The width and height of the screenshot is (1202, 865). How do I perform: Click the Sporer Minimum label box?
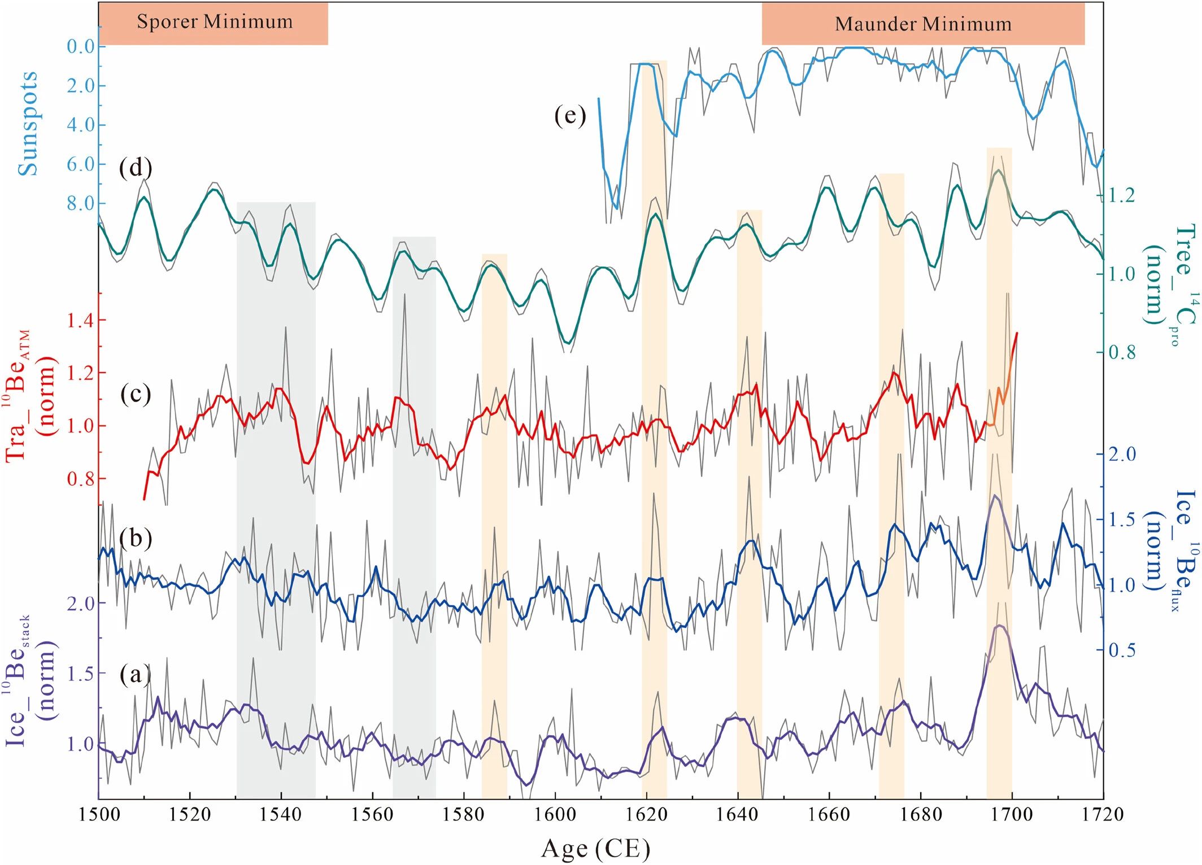tap(214, 23)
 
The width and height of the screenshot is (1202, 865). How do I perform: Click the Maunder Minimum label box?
tap(923, 24)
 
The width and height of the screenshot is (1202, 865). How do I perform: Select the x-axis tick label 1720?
tap(1102, 815)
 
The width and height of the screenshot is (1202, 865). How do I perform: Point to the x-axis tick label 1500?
tap(99, 815)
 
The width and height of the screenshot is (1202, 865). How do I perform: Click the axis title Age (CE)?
tap(595, 849)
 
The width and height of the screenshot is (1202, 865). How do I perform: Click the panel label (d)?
tap(136, 168)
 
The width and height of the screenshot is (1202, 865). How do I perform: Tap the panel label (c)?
tap(136, 394)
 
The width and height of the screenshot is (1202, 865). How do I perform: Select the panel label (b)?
tap(136, 538)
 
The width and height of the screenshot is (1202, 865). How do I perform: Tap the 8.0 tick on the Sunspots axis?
tap(81, 203)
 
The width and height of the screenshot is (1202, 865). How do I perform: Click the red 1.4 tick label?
tap(81, 321)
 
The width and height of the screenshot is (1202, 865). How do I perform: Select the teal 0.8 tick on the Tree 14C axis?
tap(1122, 352)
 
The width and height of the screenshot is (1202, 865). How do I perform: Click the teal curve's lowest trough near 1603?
tap(568, 343)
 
